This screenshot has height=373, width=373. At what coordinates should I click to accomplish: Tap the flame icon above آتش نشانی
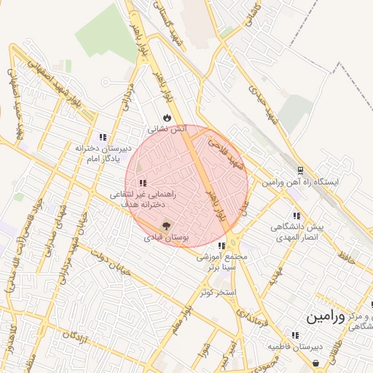pos(168,117)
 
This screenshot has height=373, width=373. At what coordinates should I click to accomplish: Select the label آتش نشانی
pos(168,129)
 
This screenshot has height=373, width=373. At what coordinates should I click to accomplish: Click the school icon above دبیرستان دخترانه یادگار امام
pos(103,136)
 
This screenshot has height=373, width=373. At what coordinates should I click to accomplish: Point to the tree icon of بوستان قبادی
pos(167,227)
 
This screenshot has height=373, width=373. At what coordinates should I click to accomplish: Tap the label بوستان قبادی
pos(167,237)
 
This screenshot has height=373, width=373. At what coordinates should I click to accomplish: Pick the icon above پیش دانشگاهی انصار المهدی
pos(296,216)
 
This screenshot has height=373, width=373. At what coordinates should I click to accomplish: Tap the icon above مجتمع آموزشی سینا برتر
pos(221,246)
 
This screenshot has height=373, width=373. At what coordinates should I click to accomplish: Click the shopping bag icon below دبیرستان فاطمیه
pos(315,362)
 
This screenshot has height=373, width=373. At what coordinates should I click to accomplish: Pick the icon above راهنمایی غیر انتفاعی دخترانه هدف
pos(143,183)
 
